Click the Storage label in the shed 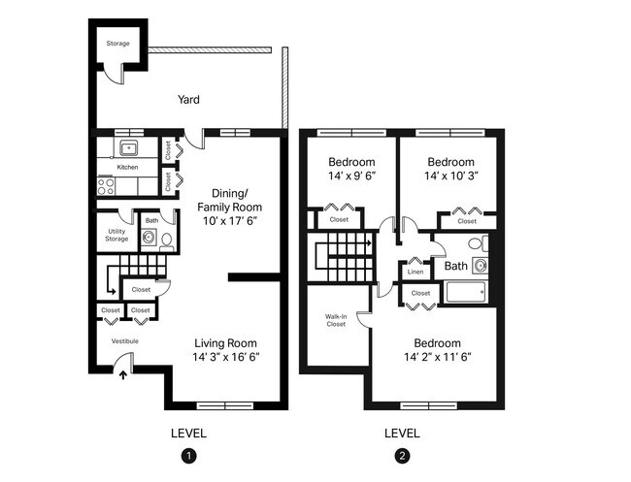pyautogui.click(x=116, y=44)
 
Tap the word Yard pyautogui.click(x=188, y=99)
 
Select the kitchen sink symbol pyautogui.click(x=127, y=148)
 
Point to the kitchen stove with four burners pyautogui.click(x=106, y=185)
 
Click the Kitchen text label pyautogui.click(x=127, y=167)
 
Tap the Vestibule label pyautogui.click(x=124, y=341)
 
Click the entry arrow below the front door pyautogui.click(x=122, y=375)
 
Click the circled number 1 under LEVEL pyautogui.click(x=188, y=455)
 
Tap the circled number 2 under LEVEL pyautogui.click(x=402, y=455)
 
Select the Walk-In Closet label pyautogui.click(x=336, y=319)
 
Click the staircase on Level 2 pyautogui.click(x=341, y=256)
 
